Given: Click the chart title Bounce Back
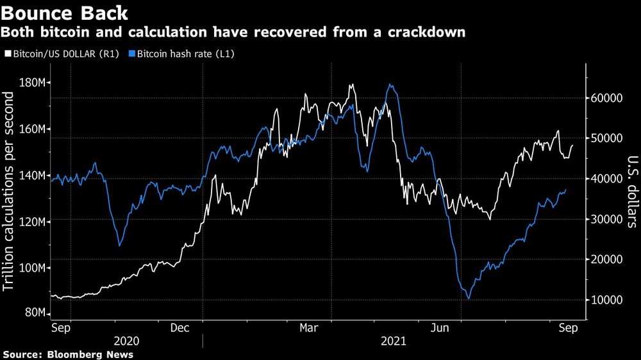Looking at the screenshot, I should (64, 12).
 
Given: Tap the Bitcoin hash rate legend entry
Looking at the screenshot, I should (181, 54).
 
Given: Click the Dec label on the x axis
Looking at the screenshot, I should (181, 328).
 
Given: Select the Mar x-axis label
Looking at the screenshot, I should (310, 328).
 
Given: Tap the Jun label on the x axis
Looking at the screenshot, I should (438, 328).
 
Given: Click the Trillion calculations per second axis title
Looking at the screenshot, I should (10, 192).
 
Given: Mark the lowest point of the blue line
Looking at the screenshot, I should (469, 299).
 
